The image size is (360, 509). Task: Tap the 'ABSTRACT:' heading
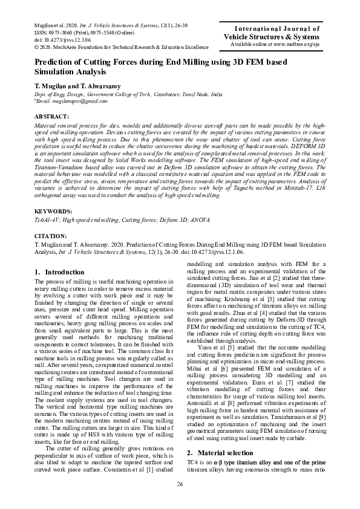pyautogui.click(x=52, y=115)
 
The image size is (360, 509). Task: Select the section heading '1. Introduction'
pyautogui.click(x=60, y=272)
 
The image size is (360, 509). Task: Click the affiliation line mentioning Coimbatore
pyautogui.click(x=128, y=95)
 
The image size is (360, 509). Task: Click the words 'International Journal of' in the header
pyautogui.click(x=280, y=28)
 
